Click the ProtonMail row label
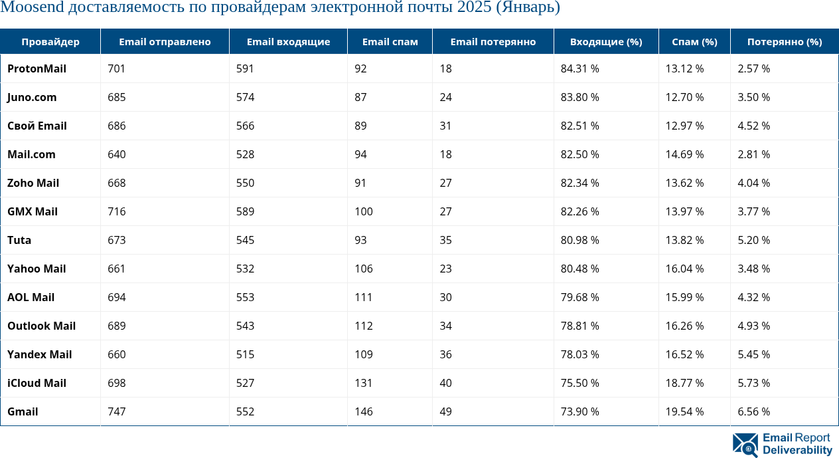[x=37, y=68]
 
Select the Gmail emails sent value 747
[x=117, y=411]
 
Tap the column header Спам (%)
[x=694, y=41]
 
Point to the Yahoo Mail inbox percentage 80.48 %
[x=580, y=269]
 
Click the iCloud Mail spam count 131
[x=364, y=383]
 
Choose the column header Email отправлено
[x=165, y=41]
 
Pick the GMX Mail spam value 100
[x=364, y=211]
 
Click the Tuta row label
[x=19, y=240]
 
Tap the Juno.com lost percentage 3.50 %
[x=753, y=97]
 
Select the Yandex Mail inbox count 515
[x=246, y=354]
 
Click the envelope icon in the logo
[x=745, y=444]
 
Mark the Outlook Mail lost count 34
[x=445, y=326]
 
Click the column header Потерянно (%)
[x=785, y=41]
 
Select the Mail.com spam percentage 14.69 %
[x=684, y=154]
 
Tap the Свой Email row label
[x=37, y=126]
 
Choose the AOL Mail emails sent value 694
[x=117, y=297]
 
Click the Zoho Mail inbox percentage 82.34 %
[x=580, y=183]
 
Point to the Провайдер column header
[x=50, y=41]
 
